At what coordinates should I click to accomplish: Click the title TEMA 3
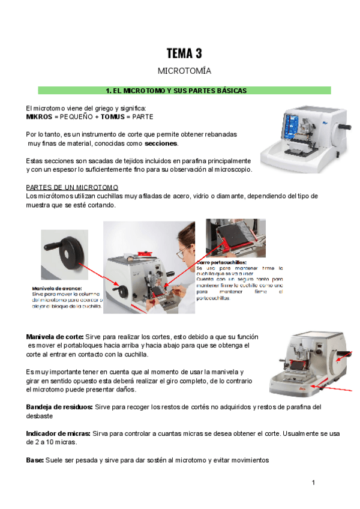(x=184, y=54)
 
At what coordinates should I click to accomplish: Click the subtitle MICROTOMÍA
(x=184, y=71)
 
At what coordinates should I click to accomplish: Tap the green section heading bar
(x=184, y=91)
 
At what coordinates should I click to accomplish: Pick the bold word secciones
(x=161, y=144)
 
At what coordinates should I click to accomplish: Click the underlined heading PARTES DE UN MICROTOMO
(x=73, y=187)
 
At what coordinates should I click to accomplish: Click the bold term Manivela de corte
(x=55, y=336)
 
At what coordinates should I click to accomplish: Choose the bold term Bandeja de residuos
(x=59, y=407)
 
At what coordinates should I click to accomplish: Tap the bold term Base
(x=35, y=460)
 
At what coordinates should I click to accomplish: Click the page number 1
(x=313, y=483)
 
